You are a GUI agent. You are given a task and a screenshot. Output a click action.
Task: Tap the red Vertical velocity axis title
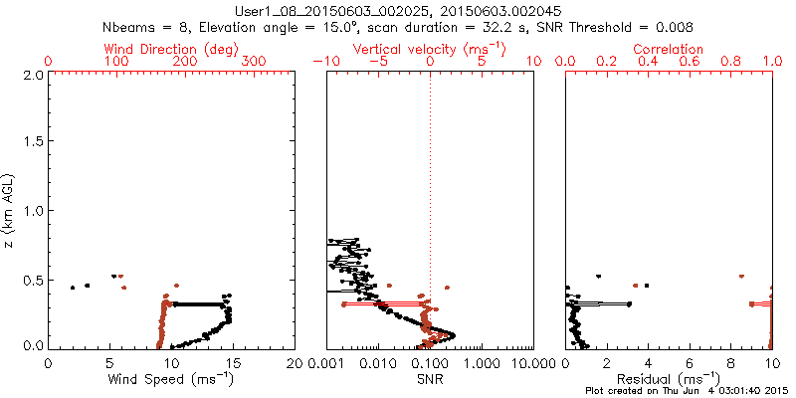(x=429, y=49)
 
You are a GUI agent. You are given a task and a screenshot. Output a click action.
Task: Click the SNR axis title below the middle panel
(x=430, y=379)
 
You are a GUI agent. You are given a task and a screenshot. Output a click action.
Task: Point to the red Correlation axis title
(x=669, y=49)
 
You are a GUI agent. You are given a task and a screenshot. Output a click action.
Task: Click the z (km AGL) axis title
(x=12, y=211)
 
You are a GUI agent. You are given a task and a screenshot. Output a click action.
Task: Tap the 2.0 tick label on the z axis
(x=34, y=76)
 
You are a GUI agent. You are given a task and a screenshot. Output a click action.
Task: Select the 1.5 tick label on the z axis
(x=34, y=143)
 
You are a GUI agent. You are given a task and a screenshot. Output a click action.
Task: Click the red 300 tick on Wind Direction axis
(x=255, y=62)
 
